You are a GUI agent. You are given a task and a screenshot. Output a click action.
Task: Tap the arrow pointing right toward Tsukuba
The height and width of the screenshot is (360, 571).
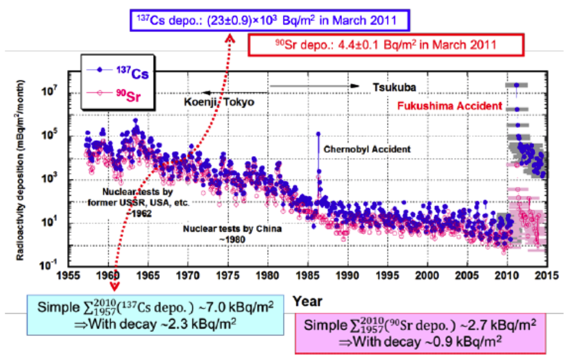coord(316,86)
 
